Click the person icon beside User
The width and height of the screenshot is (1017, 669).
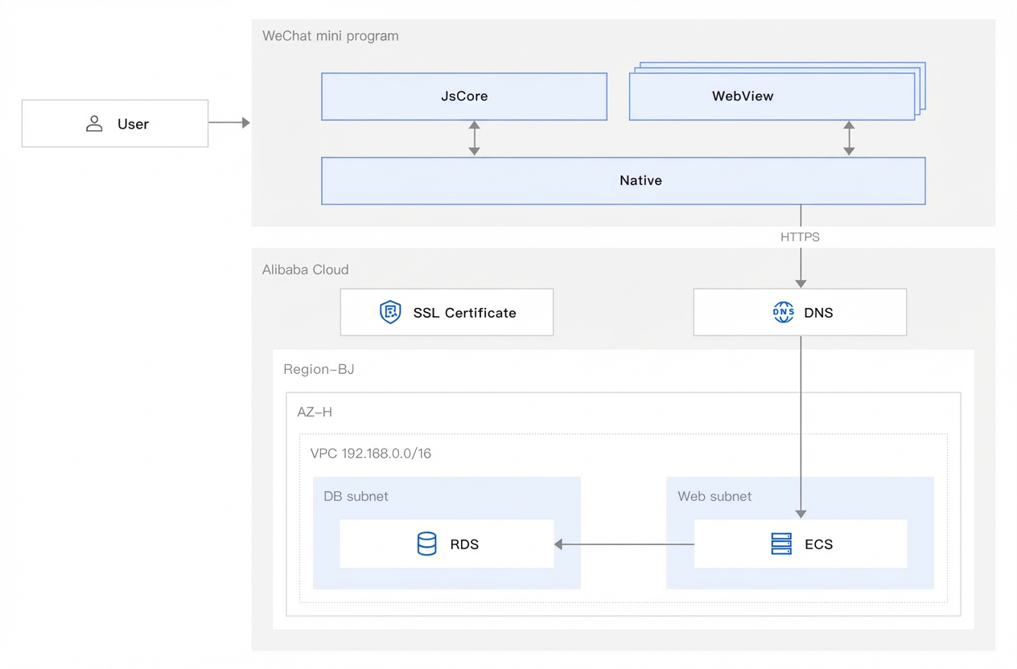pyautogui.click(x=94, y=124)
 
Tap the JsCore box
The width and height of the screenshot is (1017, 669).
pyautogui.click(x=464, y=96)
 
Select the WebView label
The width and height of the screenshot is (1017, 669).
pyautogui.click(x=743, y=96)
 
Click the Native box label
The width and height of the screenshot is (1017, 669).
pyautogui.click(x=640, y=181)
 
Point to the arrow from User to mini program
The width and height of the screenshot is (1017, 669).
pyautogui.click(x=229, y=122)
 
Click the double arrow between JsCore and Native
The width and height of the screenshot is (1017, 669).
pyautogui.click(x=475, y=138)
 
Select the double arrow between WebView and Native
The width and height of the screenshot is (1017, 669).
pyautogui.click(x=849, y=138)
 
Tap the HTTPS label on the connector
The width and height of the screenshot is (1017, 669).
pyautogui.click(x=800, y=237)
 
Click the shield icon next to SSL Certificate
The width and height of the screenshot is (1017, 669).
pyautogui.click(x=390, y=312)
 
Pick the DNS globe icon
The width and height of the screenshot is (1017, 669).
pyautogui.click(x=783, y=312)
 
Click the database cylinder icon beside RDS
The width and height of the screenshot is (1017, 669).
pyautogui.click(x=426, y=544)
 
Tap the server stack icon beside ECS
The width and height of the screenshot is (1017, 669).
pyautogui.click(x=781, y=544)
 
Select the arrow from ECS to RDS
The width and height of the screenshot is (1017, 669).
pyautogui.click(x=624, y=544)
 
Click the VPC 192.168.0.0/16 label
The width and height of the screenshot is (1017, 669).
pyautogui.click(x=370, y=454)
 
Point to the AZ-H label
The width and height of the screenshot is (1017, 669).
pyautogui.click(x=315, y=412)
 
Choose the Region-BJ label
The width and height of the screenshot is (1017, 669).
pyautogui.click(x=319, y=369)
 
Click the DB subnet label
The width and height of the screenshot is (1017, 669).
pyautogui.click(x=356, y=496)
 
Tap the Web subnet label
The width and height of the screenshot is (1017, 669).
pyautogui.click(x=714, y=496)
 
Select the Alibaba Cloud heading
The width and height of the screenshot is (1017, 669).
pyautogui.click(x=305, y=269)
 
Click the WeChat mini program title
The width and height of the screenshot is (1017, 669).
pyautogui.click(x=331, y=36)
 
